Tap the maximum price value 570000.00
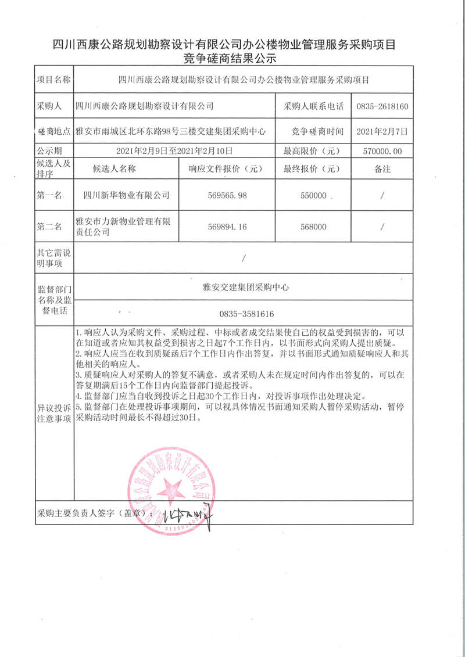click(x=382, y=151)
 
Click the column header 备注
click(x=382, y=170)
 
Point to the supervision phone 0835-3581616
click(x=246, y=314)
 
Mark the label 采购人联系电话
click(x=313, y=106)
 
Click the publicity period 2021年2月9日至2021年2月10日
click(x=174, y=151)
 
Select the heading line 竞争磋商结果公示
click(x=233, y=59)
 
